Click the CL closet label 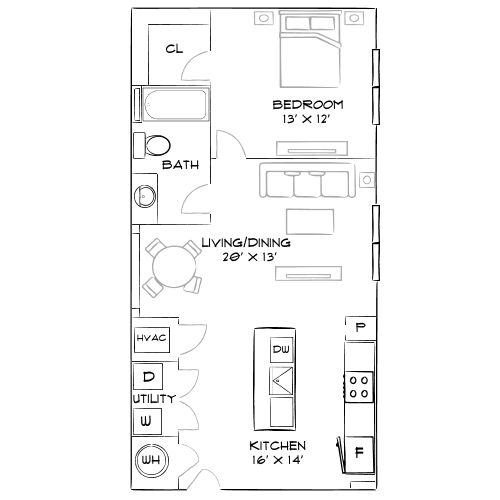[174, 48]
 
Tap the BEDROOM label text [308, 105]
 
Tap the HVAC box [151, 340]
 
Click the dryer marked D [149, 377]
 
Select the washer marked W [147, 421]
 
